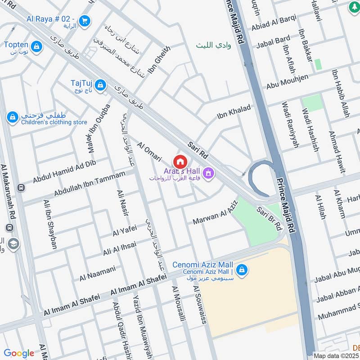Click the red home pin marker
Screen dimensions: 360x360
tap(180, 162)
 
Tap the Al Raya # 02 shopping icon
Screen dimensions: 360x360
tap(84, 20)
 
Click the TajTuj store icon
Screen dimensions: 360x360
tap(101, 84)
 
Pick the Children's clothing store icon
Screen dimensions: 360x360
tap(13, 117)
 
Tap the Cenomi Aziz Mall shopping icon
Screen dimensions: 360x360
tap(242, 269)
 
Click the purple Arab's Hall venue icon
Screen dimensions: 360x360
tap(208, 173)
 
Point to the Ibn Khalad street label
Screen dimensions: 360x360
tap(234, 111)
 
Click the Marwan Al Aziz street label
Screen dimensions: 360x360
tap(215, 213)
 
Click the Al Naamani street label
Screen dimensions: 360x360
tap(98, 272)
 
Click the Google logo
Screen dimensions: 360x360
tap(19, 353)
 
